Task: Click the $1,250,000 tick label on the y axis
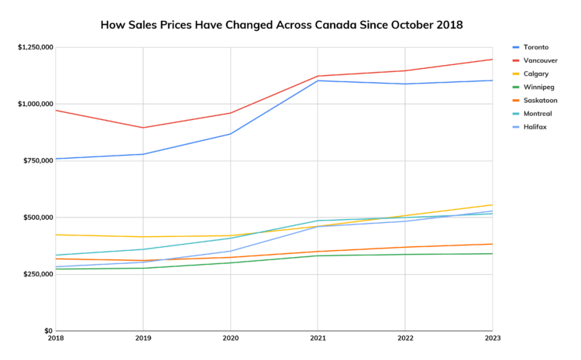click(x=35, y=47)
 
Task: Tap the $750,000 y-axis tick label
click(x=38, y=161)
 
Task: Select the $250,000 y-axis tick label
click(x=38, y=275)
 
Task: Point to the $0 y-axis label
click(x=47, y=331)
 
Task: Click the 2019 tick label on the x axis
click(x=143, y=338)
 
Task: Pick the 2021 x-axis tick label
click(x=318, y=338)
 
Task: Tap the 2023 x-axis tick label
click(x=492, y=338)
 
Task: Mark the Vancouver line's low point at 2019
click(x=143, y=128)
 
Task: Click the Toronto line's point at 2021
click(x=318, y=81)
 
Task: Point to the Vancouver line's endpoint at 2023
click(x=492, y=60)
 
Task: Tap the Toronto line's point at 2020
click(x=230, y=134)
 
